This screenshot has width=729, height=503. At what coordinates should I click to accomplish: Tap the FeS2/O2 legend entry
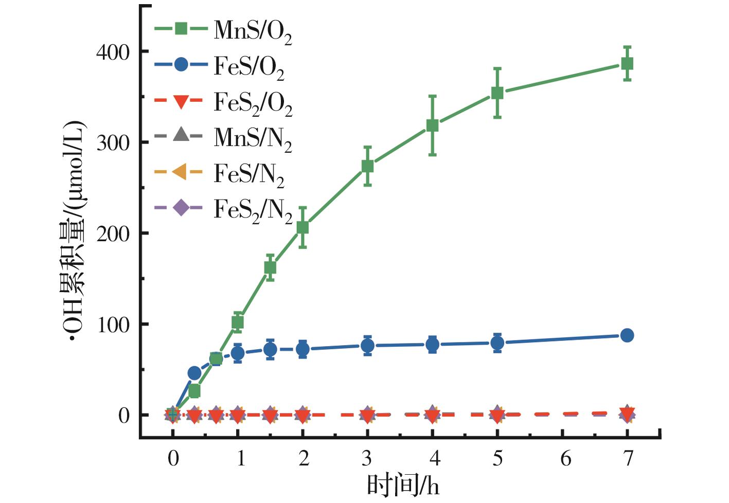224,102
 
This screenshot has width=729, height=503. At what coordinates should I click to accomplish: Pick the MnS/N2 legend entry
224,137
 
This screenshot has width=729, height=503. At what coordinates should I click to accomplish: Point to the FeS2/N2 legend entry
224,209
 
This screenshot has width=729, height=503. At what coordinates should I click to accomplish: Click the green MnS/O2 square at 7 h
627,64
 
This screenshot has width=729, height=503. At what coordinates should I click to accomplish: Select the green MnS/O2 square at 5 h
497,93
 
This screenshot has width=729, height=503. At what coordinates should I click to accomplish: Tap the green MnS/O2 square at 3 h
367,166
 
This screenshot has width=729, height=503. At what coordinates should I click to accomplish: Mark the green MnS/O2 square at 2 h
303,227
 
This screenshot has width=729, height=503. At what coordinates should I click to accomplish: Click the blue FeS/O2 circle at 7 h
627,335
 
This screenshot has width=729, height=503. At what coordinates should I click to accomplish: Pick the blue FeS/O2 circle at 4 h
433,345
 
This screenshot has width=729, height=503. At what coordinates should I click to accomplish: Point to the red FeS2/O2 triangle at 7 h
627,412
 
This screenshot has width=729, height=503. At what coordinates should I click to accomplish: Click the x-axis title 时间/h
403,486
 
